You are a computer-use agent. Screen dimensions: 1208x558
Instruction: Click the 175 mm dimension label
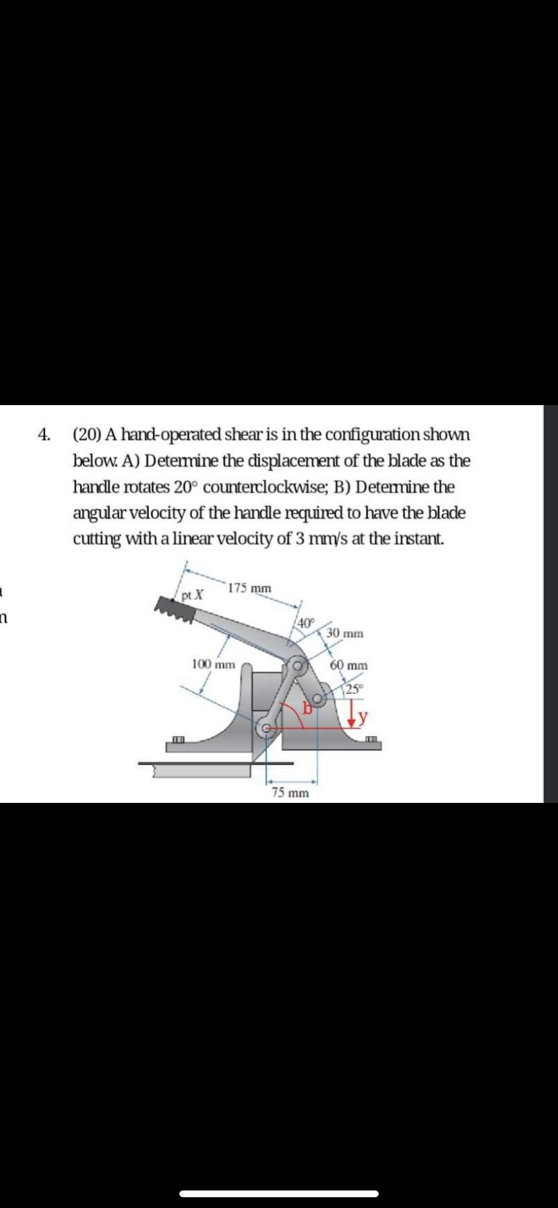click(x=250, y=588)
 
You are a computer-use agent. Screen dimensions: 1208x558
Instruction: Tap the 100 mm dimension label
click(x=213, y=664)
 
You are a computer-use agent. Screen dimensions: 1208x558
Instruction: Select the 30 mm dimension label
click(x=345, y=633)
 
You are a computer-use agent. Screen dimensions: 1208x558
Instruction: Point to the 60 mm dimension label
click(x=349, y=665)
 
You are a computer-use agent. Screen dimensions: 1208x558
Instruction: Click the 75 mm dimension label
click(x=290, y=793)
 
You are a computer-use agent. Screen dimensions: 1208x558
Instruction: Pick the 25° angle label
click(x=353, y=689)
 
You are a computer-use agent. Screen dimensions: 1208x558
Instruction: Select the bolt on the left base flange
click(x=178, y=742)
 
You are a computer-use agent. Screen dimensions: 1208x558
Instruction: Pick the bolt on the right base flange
click(x=370, y=742)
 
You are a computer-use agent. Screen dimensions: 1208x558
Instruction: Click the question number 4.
click(x=44, y=435)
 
